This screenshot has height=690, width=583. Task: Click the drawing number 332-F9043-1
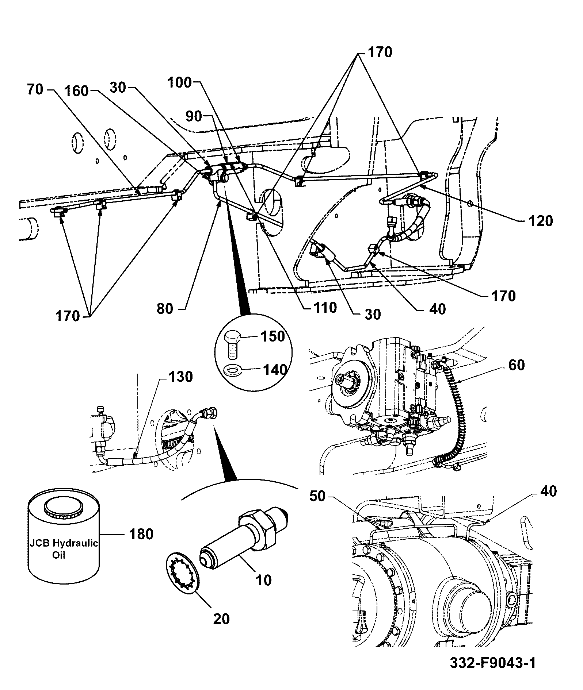pyautogui.click(x=493, y=663)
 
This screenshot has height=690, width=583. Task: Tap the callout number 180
pyautogui.click(x=141, y=535)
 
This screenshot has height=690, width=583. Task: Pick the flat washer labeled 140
pyautogui.click(x=232, y=370)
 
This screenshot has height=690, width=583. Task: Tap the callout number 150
pyautogui.click(x=272, y=336)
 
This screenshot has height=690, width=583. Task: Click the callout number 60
pyautogui.click(x=516, y=365)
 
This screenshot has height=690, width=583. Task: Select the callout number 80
pyautogui.click(x=164, y=309)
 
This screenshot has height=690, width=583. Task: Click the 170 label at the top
pyautogui.click(x=380, y=53)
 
